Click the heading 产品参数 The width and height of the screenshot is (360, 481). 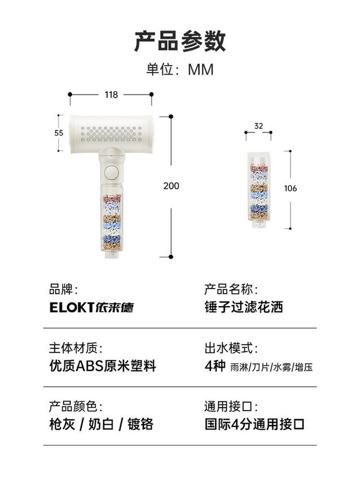point(180,41)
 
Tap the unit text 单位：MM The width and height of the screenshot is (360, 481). point(180,69)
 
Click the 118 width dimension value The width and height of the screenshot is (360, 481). point(111,95)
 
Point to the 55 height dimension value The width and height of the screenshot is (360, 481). point(59,133)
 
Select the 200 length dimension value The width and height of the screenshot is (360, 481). point(171,186)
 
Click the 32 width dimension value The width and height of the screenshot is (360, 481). point(258,126)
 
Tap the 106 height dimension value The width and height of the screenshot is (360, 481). point(290,188)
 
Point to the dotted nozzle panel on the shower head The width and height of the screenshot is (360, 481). point(111,133)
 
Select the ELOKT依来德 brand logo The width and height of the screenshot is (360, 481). point(91,307)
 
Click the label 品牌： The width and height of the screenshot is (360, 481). point(63,290)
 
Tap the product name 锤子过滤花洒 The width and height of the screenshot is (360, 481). point(244,307)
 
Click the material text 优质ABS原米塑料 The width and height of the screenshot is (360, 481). point(103,366)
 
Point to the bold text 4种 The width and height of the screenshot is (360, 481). point(215,366)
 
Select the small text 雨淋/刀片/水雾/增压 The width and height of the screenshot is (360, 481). point(272,368)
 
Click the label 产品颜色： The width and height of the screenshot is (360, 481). point(75,407)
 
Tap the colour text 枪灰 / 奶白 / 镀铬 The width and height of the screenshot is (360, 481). point(101,424)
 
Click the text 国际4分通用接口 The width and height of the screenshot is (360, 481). point(255,424)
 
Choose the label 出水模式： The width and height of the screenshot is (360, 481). point(231,348)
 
